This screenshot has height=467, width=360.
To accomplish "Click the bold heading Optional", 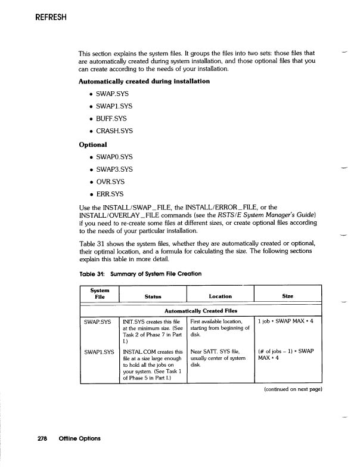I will [93, 144].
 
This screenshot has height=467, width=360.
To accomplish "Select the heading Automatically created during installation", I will [144, 81].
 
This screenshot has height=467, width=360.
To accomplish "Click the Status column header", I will [153, 296].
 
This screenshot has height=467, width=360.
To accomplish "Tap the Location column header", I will [220, 296].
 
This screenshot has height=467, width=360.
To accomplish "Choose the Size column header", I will [288, 296].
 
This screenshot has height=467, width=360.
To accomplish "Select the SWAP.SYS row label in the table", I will [98, 321].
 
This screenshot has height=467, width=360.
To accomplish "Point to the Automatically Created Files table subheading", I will [201, 310].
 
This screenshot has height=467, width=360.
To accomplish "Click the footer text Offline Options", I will [79, 439].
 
